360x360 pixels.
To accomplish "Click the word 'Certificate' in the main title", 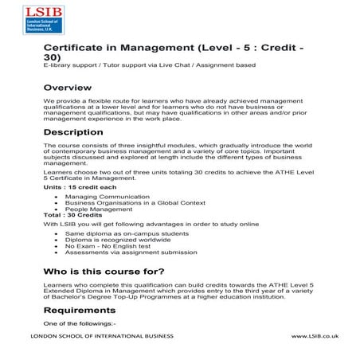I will [x=81, y=48].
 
